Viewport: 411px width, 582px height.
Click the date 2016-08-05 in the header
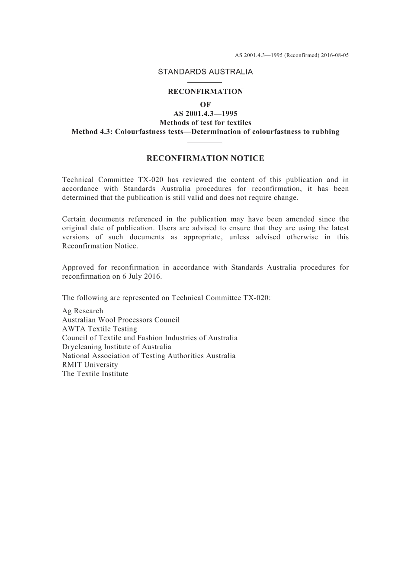[335, 55]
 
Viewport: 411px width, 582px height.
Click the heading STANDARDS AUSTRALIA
[205, 72]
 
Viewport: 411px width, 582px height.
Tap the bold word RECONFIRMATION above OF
[205, 92]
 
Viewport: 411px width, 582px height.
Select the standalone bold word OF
[205, 105]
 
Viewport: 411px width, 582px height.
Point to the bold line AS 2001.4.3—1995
[205, 114]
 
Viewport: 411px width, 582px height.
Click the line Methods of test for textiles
[205, 123]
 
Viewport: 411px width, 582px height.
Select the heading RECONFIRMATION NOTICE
[205, 158]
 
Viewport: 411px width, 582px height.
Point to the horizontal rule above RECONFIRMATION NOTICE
[205, 141]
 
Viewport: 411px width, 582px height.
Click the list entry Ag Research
[83, 311]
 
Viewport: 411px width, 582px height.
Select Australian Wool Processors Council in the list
[121, 320]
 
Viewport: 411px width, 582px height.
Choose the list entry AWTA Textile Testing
[100, 329]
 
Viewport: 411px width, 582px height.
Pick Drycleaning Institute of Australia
[116, 347]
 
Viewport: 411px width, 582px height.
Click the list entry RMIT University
[90, 365]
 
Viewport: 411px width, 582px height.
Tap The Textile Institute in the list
[95, 374]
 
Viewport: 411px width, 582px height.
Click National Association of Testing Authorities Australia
[149, 356]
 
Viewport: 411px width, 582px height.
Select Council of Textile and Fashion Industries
[150, 338]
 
